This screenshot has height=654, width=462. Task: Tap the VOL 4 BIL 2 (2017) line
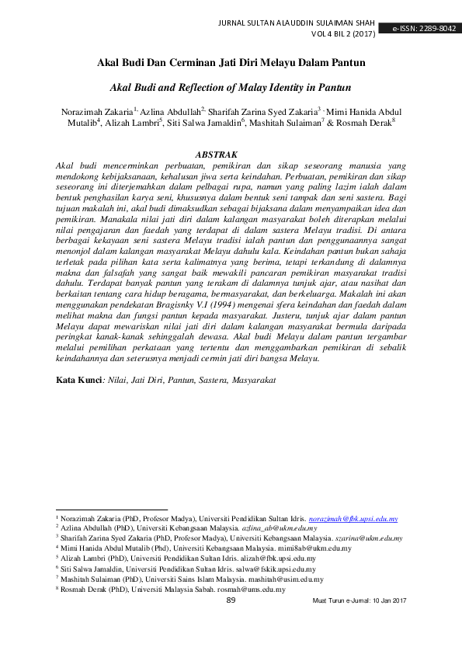pyautogui.click(x=342, y=35)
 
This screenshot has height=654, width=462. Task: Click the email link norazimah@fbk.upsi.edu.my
pyautogui.click(x=353, y=518)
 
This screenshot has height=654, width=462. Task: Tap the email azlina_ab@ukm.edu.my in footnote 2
pyautogui.click(x=274, y=527)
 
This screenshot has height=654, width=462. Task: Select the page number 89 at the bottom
pyautogui.click(x=231, y=600)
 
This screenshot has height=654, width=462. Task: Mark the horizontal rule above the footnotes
pyautogui.click(x=106, y=510)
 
